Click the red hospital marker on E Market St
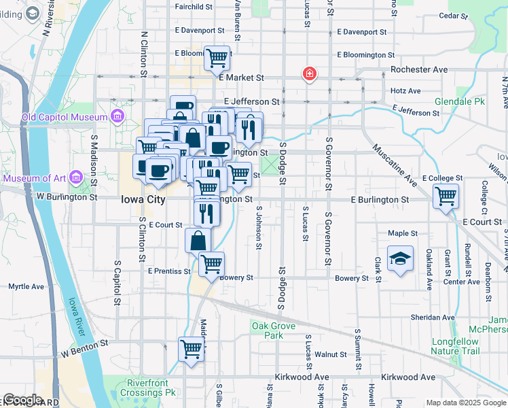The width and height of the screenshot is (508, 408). (x=309, y=73)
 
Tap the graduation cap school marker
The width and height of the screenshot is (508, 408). (x=400, y=258)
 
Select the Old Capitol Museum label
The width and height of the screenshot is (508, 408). (x=65, y=117)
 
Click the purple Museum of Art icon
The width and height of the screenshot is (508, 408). (x=75, y=178)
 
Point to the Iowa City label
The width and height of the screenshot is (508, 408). (x=143, y=200)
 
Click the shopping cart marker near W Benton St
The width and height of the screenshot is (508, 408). (x=192, y=350)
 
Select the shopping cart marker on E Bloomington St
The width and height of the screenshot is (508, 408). (x=217, y=58)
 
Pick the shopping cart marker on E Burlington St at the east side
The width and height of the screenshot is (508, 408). (x=446, y=197)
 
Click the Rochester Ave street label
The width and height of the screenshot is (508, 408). (x=419, y=69)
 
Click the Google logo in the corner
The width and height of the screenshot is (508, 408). (x=22, y=399)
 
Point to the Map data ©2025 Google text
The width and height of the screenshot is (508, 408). (x=465, y=403)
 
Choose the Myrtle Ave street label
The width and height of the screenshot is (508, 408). (x=26, y=286)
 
